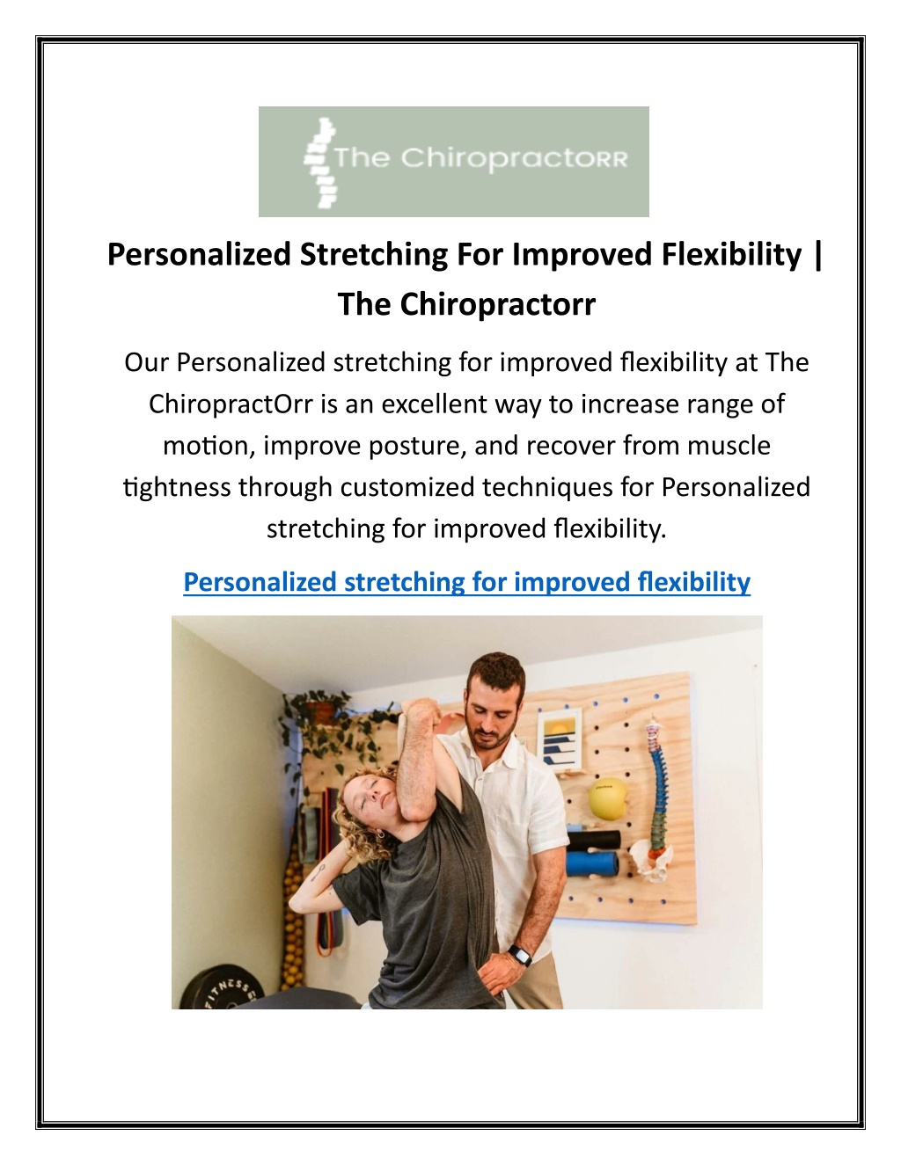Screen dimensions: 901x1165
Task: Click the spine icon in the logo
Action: [x=320, y=163]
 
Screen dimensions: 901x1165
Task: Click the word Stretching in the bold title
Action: [x=374, y=254]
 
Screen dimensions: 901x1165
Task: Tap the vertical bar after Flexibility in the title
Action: [x=817, y=255]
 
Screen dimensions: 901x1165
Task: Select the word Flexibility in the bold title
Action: [x=731, y=254]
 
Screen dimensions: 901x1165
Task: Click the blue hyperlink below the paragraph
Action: [x=466, y=582]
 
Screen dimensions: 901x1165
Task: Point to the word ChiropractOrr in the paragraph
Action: [x=231, y=404]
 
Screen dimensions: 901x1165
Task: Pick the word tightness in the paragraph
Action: [x=177, y=488]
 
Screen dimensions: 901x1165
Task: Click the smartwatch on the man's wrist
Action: [x=519, y=956]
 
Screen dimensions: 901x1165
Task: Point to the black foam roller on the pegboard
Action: [x=593, y=839]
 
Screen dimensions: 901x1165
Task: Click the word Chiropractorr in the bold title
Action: [x=497, y=304]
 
